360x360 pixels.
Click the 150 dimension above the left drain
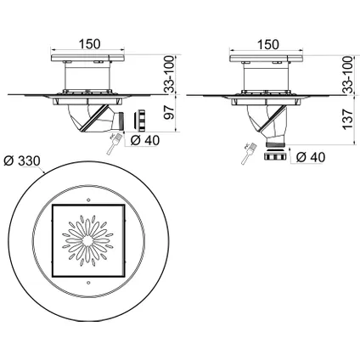89,44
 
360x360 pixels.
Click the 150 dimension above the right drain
268,44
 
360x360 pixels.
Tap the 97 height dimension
170,113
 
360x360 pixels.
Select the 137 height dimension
347,119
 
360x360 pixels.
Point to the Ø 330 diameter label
22,161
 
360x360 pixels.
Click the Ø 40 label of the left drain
145,140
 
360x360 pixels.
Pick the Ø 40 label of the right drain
311,157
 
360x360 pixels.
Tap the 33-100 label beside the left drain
170,75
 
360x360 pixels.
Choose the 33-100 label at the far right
347,75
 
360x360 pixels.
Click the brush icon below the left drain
114,144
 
